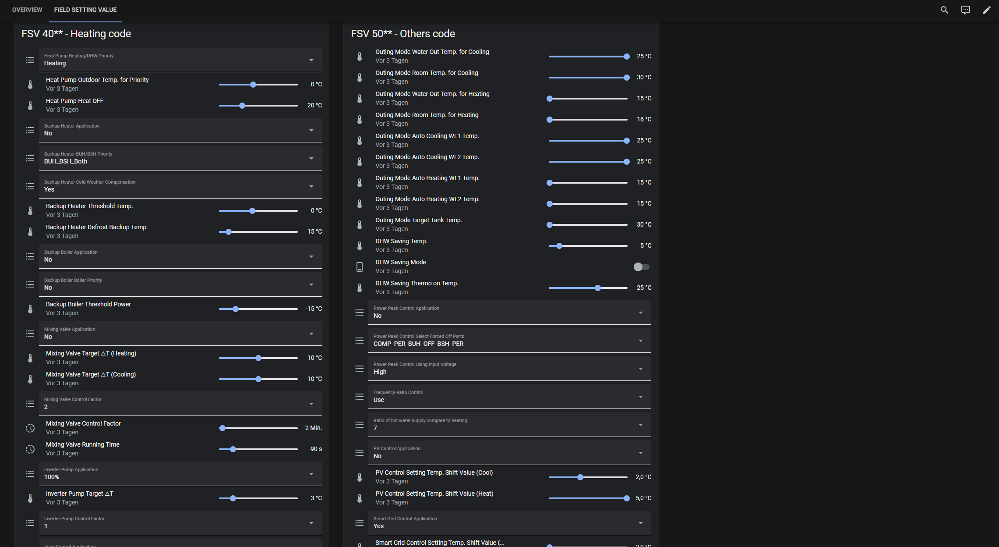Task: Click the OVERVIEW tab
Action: click(27, 10)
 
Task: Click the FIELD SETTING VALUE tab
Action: click(85, 10)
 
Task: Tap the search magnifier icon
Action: click(944, 10)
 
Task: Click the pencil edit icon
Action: click(986, 10)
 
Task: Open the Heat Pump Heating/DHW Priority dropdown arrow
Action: click(311, 60)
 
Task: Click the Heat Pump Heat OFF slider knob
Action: click(242, 106)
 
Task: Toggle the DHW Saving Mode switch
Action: click(641, 267)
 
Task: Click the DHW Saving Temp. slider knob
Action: click(559, 246)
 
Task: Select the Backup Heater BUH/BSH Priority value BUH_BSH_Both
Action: click(66, 161)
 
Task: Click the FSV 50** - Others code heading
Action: click(403, 34)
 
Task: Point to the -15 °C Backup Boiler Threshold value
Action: click(314, 309)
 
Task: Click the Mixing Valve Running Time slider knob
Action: click(233, 449)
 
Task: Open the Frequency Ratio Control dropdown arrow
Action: click(641, 397)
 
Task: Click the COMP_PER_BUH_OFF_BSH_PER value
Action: click(418, 344)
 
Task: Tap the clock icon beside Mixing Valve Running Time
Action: click(30, 449)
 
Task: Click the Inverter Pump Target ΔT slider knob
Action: click(233, 498)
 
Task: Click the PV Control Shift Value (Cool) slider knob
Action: click(580, 477)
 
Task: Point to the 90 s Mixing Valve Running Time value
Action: click(316, 449)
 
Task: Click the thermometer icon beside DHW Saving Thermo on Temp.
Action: click(360, 288)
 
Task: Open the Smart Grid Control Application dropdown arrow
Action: click(641, 523)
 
